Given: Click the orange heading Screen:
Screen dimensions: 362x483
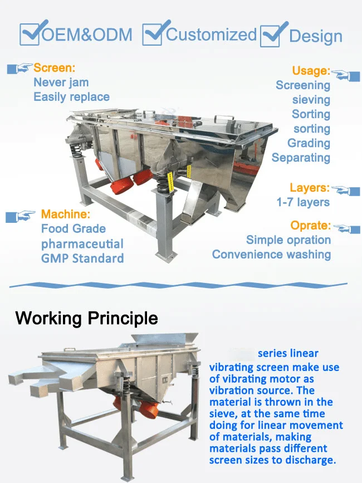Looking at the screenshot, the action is (x=54, y=68).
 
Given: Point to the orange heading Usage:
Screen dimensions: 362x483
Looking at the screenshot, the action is (x=311, y=71).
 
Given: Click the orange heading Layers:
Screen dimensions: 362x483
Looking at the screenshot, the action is (x=309, y=188).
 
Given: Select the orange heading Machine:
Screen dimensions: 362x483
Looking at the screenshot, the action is (x=66, y=214).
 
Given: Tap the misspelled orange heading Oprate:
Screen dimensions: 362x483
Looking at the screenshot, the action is (x=310, y=226).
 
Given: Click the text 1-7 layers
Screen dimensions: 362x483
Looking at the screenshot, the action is (x=303, y=202).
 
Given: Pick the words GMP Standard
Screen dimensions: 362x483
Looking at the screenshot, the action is (x=82, y=258).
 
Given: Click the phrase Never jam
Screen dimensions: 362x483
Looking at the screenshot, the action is (x=61, y=82).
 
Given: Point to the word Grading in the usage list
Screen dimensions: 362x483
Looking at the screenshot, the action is (x=309, y=143).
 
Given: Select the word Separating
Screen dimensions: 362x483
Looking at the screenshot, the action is (x=301, y=158).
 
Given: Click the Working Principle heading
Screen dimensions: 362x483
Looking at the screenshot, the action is (x=86, y=318).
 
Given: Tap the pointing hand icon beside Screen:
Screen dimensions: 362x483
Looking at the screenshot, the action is (x=19, y=68).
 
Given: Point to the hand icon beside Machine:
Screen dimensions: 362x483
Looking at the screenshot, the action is (x=20, y=216).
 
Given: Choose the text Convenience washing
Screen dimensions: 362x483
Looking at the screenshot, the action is (x=272, y=255).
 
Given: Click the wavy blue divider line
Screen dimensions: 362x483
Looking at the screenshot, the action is (x=178, y=285).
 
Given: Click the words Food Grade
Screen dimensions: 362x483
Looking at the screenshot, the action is (x=74, y=229).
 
